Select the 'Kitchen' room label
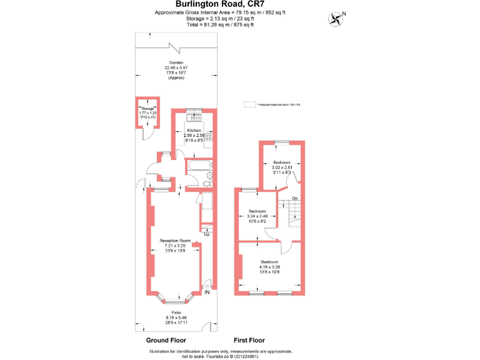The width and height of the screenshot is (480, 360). (x=194, y=130)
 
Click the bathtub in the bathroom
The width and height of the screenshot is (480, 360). (x=199, y=166)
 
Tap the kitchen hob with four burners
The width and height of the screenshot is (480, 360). (x=209, y=137)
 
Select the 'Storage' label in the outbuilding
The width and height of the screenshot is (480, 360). (x=147, y=109)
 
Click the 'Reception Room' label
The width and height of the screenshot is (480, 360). (x=175, y=241)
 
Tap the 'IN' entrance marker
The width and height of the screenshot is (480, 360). (x=207, y=292)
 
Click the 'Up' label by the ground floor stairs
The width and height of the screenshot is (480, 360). (x=207, y=235)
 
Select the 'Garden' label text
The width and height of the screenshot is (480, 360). (x=175, y=62)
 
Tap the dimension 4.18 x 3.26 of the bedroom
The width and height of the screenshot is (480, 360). (x=270, y=267)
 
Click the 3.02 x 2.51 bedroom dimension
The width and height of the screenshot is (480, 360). (x=282, y=167)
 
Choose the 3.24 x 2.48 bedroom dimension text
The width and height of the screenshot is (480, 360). (x=257, y=216)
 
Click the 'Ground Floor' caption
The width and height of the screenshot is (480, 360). (x=166, y=341)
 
